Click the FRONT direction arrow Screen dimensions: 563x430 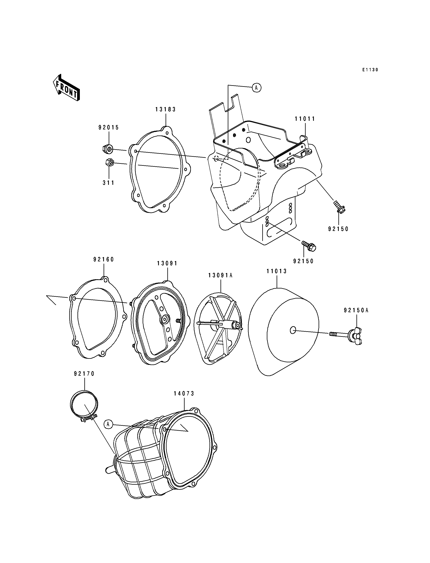coord(66,88)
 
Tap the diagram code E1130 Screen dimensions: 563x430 coord(370,70)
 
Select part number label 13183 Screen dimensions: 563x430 coord(166,109)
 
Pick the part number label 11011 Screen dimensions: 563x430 coord(305,119)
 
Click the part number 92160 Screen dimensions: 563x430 coord(104,259)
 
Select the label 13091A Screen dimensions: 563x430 coord(220,276)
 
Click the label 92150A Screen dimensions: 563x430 coord(356,310)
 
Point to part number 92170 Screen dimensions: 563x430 coord(85,374)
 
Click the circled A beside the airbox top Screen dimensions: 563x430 coord(256,88)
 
